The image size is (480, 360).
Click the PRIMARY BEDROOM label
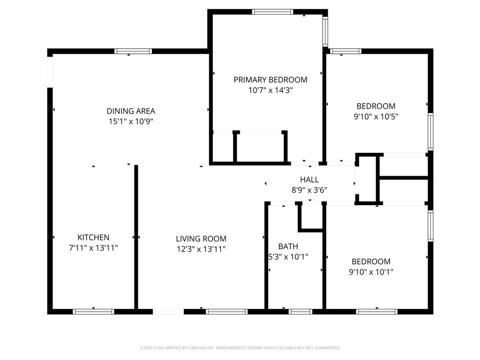[x=270, y=80]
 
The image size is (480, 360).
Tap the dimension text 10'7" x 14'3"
[x=270, y=90]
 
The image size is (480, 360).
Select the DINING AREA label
[x=131, y=111]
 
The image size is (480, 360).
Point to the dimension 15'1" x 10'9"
[x=131, y=121]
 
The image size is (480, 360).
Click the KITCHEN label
[x=93, y=238]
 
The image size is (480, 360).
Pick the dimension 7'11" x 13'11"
[x=93, y=248]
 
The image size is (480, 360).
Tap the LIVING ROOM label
[x=201, y=239]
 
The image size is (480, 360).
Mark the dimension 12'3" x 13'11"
[x=201, y=249]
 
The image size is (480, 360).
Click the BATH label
[x=288, y=247]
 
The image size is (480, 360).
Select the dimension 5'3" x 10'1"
[x=288, y=257]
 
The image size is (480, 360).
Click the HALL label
[x=309, y=180]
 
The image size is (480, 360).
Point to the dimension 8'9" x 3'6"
[x=309, y=190]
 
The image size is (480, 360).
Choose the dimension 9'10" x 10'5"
[x=376, y=116]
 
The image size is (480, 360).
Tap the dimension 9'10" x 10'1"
[x=371, y=272]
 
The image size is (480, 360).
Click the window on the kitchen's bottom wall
[x=93, y=311]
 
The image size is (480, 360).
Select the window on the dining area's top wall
[x=133, y=51]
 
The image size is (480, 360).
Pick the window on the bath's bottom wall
[x=300, y=311]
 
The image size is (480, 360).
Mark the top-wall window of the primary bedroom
[x=272, y=12]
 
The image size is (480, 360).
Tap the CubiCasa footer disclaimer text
[x=240, y=348]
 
